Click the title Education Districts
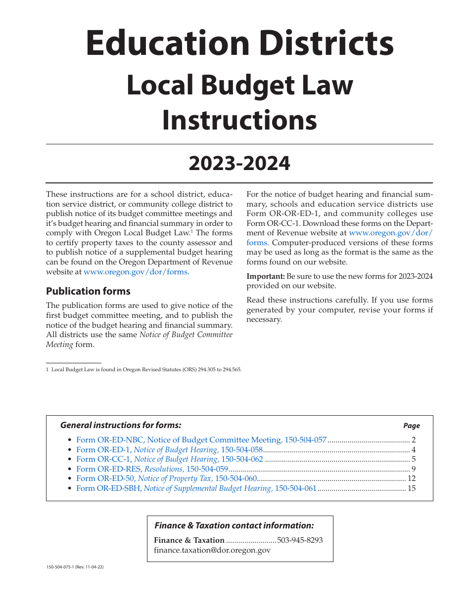point(239,44)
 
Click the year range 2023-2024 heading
point(239,164)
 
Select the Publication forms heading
point(88,291)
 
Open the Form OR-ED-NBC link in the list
point(201,440)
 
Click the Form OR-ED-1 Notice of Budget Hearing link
point(169,450)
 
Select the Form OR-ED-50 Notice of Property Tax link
point(167,478)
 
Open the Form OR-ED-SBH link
point(196,488)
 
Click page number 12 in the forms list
point(412,478)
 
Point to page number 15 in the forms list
point(412,488)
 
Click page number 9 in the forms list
point(414,469)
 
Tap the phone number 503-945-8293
point(300,540)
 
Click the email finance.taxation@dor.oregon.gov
point(212,550)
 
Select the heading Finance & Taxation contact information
point(234,526)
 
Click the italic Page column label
point(412,426)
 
